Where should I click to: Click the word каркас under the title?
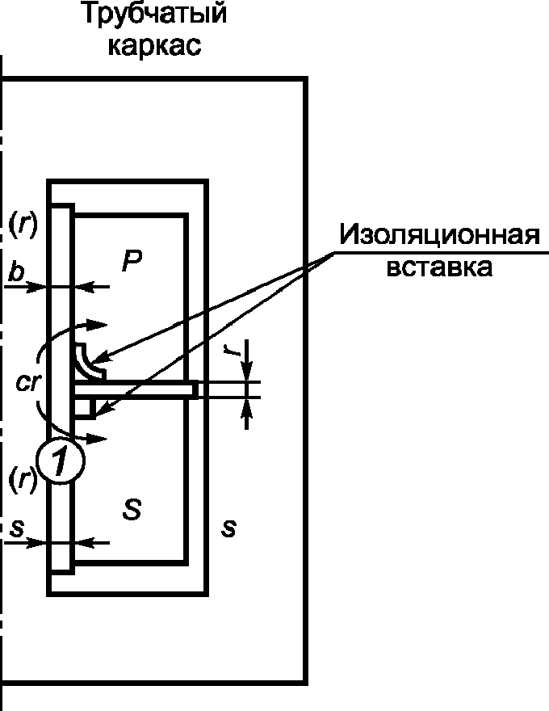(155, 45)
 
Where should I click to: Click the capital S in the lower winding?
(132, 508)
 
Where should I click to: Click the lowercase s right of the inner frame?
(229, 529)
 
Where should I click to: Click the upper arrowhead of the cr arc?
(98, 325)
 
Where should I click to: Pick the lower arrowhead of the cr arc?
(98, 437)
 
